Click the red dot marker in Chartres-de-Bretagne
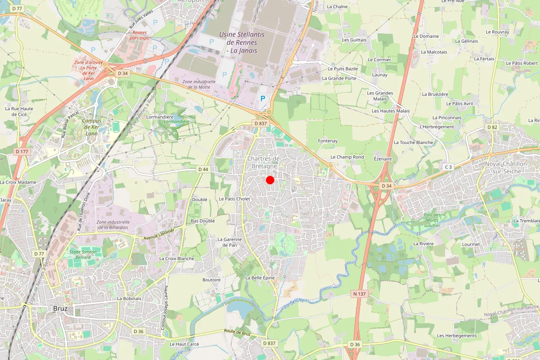(270, 180)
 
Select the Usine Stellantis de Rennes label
(242, 42)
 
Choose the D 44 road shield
(203, 169)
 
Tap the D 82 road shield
(492, 127)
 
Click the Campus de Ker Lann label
(92, 127)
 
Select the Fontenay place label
(328, 141)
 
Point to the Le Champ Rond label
(347, 157)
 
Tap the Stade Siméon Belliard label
(83, 254)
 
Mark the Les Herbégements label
(457, 336)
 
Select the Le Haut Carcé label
(184, 344)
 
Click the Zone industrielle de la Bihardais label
(113, 225)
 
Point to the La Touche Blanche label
(414, 142)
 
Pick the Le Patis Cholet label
(234, 198)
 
